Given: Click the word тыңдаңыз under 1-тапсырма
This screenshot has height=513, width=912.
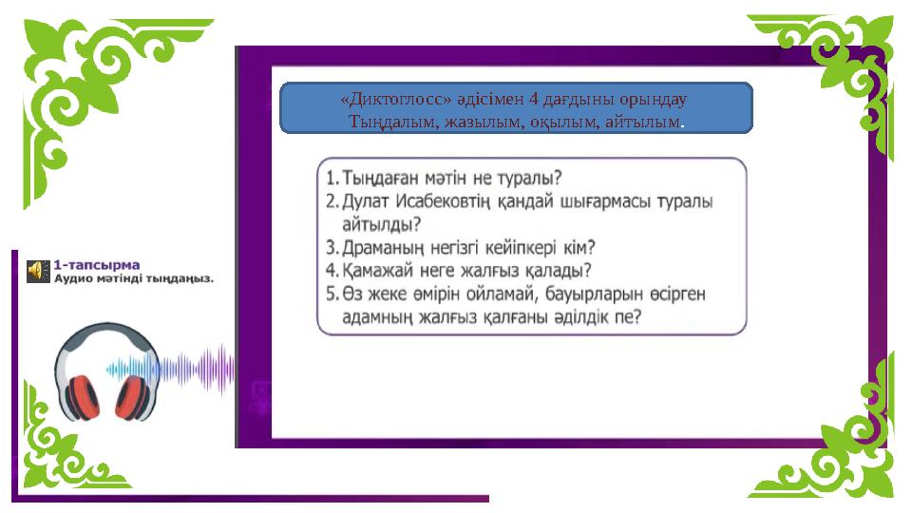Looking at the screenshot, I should click(x=177, y=278).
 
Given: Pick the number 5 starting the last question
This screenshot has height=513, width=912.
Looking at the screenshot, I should click(x=331, y=294).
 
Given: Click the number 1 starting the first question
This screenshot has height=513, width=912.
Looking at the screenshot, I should click(x=330, y=178).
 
